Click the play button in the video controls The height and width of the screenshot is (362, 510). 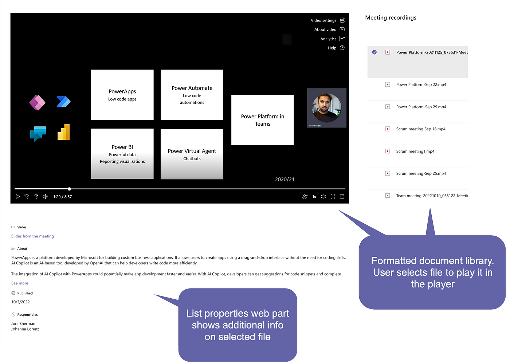17,197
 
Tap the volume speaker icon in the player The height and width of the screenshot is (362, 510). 45,197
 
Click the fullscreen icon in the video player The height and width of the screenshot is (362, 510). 333,197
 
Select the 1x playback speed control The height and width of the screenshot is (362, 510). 314,197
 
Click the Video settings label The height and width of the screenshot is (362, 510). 323,20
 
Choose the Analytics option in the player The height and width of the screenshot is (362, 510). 328,39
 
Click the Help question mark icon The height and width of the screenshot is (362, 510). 342,48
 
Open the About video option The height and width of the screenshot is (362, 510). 325,29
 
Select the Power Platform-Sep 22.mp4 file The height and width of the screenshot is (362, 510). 421,84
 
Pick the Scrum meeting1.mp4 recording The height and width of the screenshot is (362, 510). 415,151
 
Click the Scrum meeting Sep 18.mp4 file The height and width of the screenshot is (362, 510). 421,129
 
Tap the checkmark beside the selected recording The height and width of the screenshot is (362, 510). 374,52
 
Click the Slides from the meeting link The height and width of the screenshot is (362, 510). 32,236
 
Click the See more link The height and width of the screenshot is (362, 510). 20,283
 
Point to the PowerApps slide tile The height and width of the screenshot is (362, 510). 122,95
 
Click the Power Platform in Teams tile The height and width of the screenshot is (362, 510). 262,120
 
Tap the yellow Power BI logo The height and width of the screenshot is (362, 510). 64,132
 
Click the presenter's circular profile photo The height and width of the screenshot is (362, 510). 326,107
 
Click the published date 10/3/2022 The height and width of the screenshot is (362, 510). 20,302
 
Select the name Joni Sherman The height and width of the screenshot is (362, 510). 23,323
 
